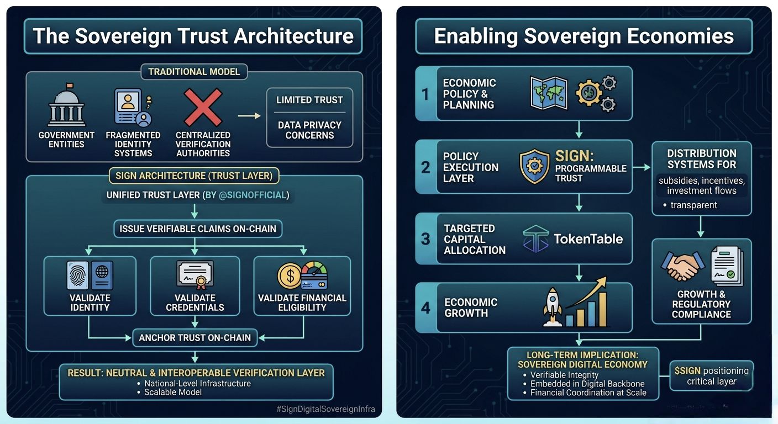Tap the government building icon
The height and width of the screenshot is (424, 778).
66,106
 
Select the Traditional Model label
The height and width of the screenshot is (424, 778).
194,72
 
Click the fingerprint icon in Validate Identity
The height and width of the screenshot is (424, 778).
77,275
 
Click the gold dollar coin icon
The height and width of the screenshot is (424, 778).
289,275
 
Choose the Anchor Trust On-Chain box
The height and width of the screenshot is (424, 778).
195,337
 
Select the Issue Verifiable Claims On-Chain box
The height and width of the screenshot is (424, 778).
197,228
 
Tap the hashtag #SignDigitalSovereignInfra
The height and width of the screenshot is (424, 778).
325,409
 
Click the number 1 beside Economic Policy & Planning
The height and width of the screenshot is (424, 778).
425,94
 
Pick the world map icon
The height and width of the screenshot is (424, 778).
548,93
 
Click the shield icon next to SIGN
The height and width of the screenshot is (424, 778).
534,167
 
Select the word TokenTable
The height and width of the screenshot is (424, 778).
588,239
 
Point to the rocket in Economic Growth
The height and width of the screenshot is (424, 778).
553,307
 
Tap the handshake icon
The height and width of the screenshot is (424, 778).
682,266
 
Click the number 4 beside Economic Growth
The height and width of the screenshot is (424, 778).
425,308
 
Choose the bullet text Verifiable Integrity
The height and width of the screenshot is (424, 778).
564,375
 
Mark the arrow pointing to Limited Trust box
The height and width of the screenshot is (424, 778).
249,115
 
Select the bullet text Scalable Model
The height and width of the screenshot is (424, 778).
173,392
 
